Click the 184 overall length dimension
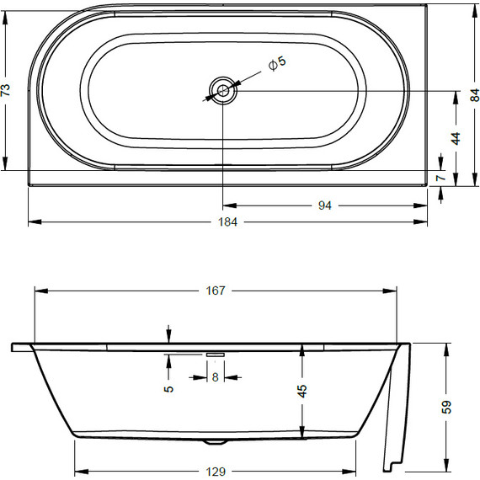[228, 222]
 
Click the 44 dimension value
[456, 140]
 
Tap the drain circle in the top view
[222, 89]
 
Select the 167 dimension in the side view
[216, 291]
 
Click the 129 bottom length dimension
[216, 470]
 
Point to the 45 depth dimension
[302, 390]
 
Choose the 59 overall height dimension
[447, 407]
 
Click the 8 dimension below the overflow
[215, 377]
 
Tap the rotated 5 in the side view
[169, 388]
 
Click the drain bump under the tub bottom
[217, 441]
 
